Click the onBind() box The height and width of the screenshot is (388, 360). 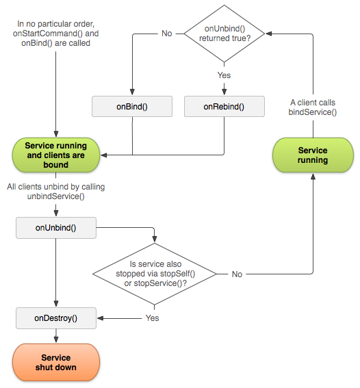pos(132,106)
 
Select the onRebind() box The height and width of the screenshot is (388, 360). pos(224,106)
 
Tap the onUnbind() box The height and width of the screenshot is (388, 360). pos(55,228)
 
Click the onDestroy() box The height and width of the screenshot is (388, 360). pos(55,318)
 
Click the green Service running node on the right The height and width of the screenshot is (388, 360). pos(313,155)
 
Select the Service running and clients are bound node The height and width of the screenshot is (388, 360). pos(55,155)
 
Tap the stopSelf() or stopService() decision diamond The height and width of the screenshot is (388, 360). pos(156,274)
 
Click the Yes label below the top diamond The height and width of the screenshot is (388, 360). pos(224,75)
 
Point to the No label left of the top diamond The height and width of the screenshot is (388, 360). pos(166,33)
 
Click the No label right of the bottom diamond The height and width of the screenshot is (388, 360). pos(237,274)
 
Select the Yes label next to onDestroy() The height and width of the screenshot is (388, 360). pos(153,318)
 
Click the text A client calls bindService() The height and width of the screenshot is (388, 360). pos(313,106)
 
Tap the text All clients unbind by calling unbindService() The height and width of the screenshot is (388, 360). pos(55,191)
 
